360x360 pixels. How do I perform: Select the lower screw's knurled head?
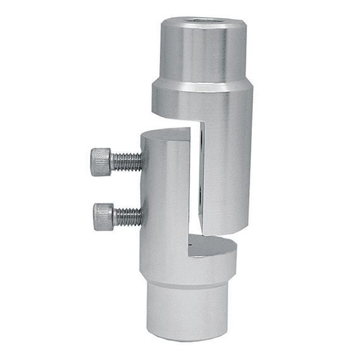103,217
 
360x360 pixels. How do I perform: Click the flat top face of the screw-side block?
166,135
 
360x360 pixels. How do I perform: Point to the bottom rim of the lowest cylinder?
189,337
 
